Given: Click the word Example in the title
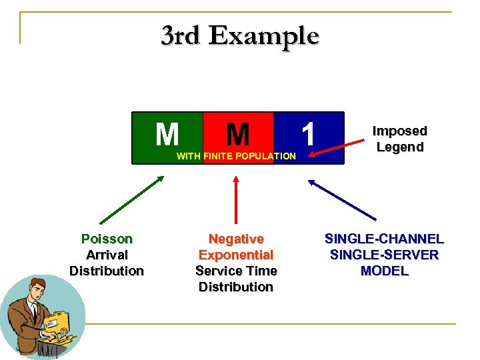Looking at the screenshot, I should [x=263, y=35].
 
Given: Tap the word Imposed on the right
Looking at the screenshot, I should [x=399, y=131].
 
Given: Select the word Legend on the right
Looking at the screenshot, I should [x=399, y=147].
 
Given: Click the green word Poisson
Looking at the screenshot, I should [x=107, y=239].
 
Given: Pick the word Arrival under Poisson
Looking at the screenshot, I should [x=107, y=255].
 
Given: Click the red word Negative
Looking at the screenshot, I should [x=236, y=239].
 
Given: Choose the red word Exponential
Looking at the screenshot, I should [x=236, y=255].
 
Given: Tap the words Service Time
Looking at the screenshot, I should [x=236, y=271].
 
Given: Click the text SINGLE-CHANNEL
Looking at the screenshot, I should [x=384, y=239].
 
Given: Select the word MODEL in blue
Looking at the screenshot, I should [x=384, y=271].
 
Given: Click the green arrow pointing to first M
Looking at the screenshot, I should [x=131, y=199].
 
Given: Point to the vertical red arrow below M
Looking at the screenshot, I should [x=235, y=200].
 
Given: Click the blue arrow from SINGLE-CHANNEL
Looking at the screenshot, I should [x=342, y=199].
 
